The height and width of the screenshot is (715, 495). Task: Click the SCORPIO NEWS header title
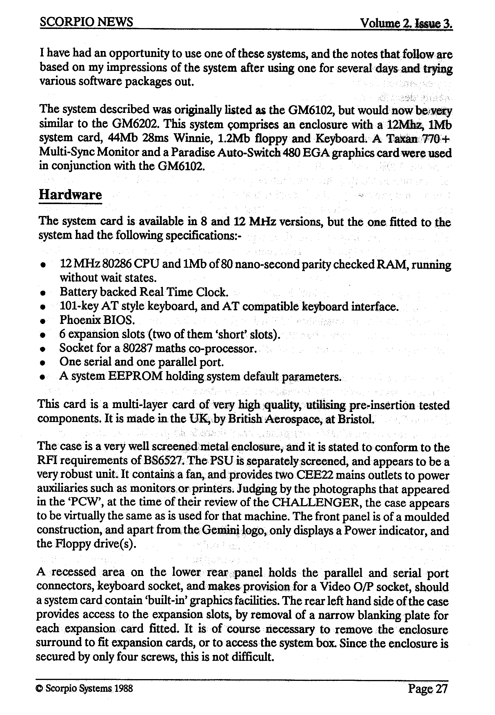click(x=86, y=22)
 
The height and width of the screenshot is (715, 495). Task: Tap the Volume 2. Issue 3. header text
click(x=406, y=23)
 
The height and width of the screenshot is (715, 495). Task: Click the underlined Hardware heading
click(x=70, y=195)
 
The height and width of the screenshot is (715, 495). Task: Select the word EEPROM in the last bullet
click(x=135, y=376)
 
